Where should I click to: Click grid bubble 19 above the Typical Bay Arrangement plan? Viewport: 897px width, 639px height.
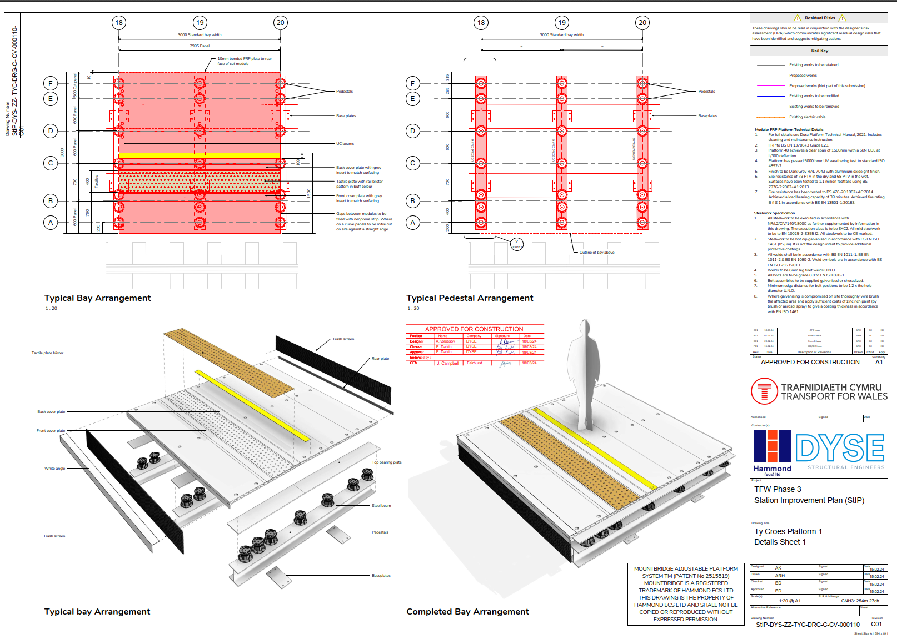200,23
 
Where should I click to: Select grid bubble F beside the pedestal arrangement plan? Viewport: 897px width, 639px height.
412,84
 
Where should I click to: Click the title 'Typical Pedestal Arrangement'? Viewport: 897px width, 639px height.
470,298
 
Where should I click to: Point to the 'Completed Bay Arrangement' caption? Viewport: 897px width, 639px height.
467,612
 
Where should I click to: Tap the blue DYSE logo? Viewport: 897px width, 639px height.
840,448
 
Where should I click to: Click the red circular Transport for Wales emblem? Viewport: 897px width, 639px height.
764,391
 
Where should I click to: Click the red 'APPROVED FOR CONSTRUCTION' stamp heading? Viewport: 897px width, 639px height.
474,329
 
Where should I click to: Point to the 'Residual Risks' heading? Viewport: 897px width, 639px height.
820,18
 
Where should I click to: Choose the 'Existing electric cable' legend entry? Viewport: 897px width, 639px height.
807,117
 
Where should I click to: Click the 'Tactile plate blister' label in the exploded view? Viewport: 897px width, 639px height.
47,353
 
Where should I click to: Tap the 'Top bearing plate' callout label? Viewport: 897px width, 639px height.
386,462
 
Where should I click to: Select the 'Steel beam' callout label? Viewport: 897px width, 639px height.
381,506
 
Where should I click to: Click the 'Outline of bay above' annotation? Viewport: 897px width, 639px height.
597,253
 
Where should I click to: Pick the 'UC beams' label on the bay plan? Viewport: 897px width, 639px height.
345,144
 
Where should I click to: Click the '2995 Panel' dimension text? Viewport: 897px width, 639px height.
200,46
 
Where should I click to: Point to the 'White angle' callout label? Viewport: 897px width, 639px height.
54,469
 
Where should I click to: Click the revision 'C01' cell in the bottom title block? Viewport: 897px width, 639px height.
876,624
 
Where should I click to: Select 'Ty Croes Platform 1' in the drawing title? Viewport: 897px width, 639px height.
788,532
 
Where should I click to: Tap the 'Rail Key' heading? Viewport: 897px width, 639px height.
819,51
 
